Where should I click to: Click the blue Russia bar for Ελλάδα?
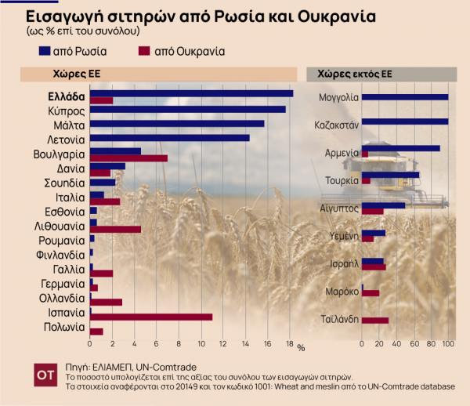coord(191,93)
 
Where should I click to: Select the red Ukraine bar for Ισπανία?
coord(151,317)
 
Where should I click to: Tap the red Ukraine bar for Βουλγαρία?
coord(128,158)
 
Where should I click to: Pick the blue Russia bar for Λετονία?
coord(169,138)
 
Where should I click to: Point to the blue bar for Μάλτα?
coord(177,123)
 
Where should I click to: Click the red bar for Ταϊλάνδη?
coord(375,320)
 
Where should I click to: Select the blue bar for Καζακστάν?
coord(405,121)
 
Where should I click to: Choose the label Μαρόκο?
coord(342,292)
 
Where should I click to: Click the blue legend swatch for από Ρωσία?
coord(44,52)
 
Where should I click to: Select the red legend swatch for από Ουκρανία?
coord(140,52)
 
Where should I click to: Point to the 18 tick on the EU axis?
coord(290,343)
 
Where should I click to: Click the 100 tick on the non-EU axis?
coord(448,343)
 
